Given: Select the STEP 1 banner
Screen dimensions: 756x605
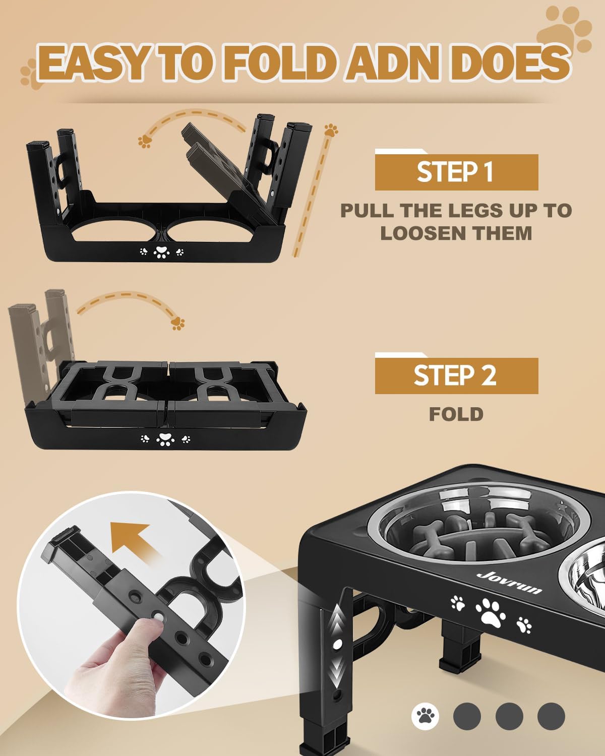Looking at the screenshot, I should click(456, 172).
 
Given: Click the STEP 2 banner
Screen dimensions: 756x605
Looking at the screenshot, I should click(456, 375).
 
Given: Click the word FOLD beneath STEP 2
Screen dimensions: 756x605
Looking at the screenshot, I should click(456, 414).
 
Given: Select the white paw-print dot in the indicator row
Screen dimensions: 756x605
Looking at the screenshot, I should click(426, 715).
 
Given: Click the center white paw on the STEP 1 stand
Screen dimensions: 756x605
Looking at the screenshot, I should click(161, 252).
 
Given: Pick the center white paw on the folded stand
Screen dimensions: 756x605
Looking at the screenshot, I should click(165, 439).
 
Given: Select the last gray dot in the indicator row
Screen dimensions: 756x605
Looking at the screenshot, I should click(551, 715).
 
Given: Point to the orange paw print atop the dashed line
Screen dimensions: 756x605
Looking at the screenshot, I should click(331, 131).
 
